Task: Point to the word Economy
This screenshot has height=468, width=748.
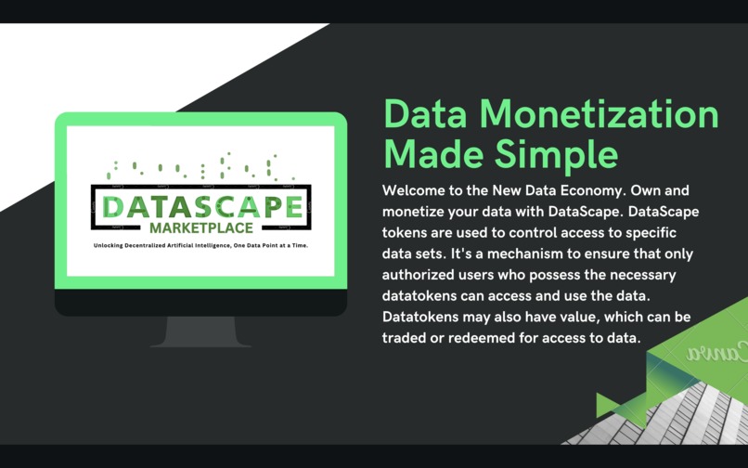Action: point(606,190)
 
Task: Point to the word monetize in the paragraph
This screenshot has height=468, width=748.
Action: point(417,212)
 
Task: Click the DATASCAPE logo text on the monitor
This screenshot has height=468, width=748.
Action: point(201,206)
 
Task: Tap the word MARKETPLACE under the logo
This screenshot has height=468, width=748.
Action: point(200,228)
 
